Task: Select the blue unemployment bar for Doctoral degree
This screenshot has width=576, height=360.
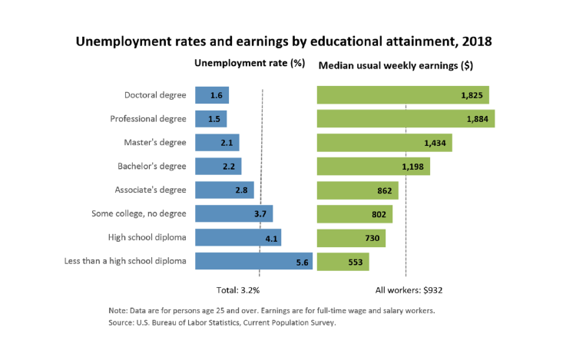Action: point(211,95)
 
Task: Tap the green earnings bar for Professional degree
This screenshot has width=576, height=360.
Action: point(405,119)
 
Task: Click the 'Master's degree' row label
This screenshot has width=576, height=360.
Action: point(155,143)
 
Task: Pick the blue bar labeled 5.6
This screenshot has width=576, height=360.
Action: point(253,261)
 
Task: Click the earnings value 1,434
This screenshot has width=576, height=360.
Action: point(435,143)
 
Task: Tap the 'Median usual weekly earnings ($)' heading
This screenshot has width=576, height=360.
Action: point(395,65)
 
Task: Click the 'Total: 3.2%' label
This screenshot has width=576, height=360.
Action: point(238,290)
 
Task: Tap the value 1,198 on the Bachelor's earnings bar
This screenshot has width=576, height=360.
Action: point(413,167)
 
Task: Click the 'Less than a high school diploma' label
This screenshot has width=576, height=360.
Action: point(126,261)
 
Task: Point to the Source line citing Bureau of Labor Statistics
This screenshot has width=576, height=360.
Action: point(222,323)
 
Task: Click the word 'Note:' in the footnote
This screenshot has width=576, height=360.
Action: point(118,310)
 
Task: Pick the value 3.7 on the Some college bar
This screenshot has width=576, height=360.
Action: point(260,214)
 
